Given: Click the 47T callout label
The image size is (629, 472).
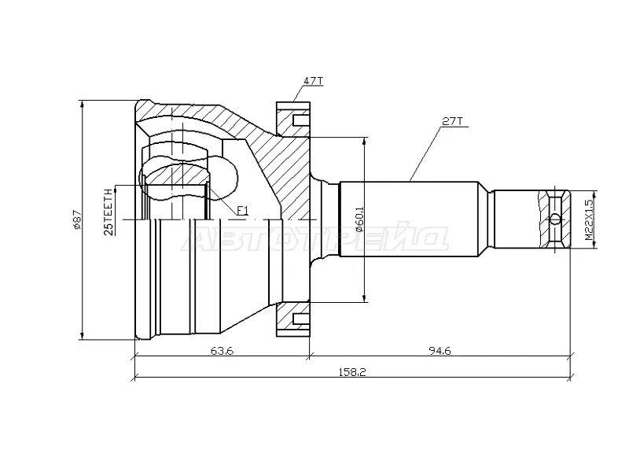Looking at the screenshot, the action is click(312, 81).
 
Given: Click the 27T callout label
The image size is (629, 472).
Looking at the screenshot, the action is click(452, 121).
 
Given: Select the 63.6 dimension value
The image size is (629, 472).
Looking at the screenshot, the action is click(222, 351).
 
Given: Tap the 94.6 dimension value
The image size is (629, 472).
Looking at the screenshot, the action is click(440, 351).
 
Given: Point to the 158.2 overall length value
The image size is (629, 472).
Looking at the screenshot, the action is click(352, 372).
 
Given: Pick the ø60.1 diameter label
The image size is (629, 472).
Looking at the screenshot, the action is click(359, 219).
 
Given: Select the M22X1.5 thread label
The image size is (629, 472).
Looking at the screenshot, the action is click(588, 220).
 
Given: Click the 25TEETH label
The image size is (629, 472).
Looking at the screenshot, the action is click(109, 212).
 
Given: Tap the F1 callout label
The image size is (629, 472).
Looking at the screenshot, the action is click(242, 210).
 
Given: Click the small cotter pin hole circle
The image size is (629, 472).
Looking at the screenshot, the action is click(555, 219).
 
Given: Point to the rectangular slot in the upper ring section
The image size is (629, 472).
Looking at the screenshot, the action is click(302, 120).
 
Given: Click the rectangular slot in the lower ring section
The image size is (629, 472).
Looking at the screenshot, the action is click(302, 319).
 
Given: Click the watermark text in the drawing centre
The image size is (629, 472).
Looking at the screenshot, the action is click(314, 238).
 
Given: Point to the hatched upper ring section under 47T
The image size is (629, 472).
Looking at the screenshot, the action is click(292, 119).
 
